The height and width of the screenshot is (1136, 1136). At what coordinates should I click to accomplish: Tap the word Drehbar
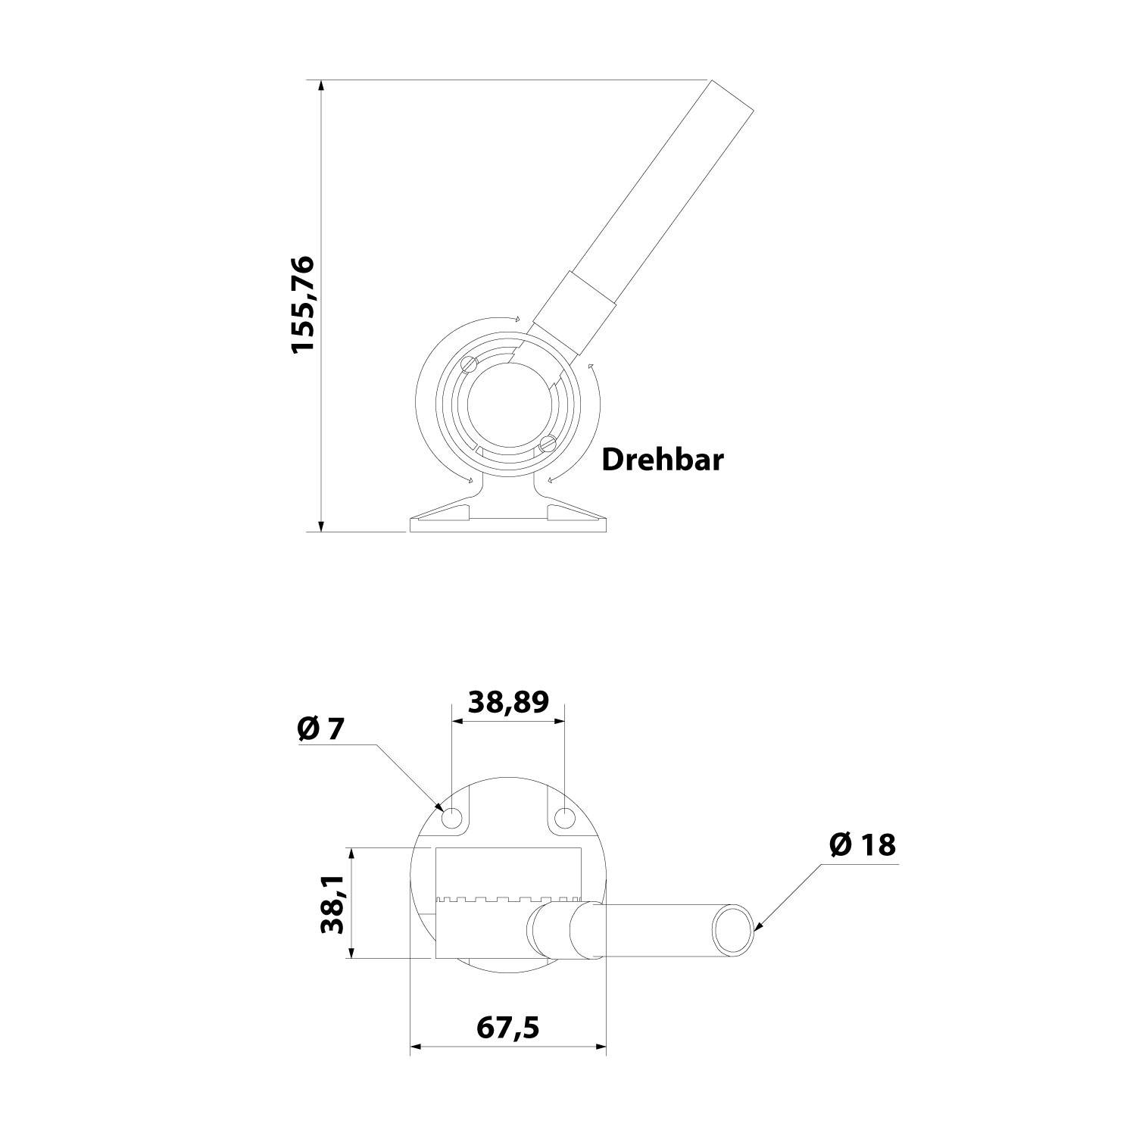point(662,460)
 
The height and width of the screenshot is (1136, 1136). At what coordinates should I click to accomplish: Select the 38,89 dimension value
point(507,702)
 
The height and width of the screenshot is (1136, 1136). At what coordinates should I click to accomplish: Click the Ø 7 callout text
point(321,729)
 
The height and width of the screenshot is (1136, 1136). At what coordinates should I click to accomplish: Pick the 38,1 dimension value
point(332,903)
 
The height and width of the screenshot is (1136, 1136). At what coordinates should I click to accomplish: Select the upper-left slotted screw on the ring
point(469,364)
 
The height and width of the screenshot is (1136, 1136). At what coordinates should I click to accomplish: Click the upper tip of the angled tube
point(732,95)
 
